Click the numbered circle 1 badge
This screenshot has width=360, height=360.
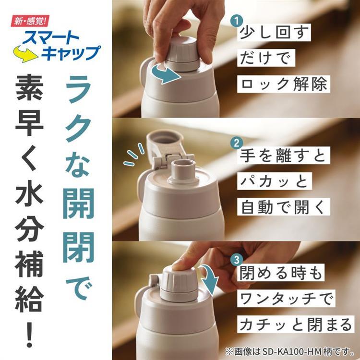pyautogui.click(x=235, y=21)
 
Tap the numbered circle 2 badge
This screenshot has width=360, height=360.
pyautogui.click(x=235, y=143)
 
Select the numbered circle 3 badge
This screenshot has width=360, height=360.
pyautogui.click(x=235, y=261)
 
